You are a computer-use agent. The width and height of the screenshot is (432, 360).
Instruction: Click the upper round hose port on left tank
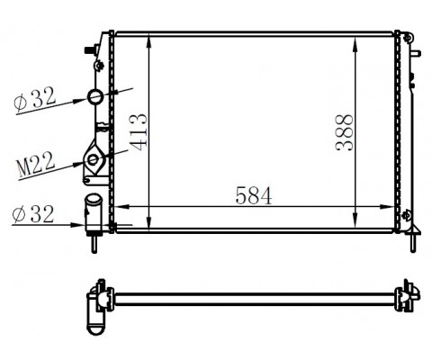pyautogui.click(x=95, y=96)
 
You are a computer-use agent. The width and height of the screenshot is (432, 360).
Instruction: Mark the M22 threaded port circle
pyautogui.click(x=94, y=162)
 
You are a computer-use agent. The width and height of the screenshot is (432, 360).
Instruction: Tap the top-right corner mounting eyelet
pyautogui.click(x=409, y=38)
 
